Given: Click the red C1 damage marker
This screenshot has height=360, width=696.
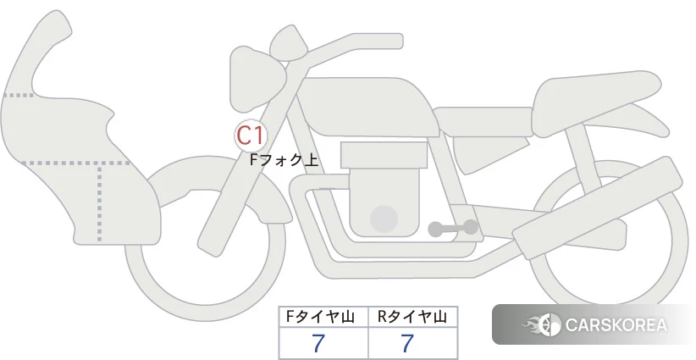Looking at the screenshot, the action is pyautogui.click(x=251, y=136).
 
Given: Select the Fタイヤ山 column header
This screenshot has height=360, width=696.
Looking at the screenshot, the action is pyautogui.click(x=320, y=317).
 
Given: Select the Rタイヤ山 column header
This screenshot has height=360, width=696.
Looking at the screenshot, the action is pyautogui.click(x=412, y=317).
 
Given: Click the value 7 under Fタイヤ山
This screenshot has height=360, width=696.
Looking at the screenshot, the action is pyautogui.click(x=318, y=343).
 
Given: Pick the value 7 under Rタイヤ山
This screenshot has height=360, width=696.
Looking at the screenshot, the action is pyautogui.click(x=407, y=343).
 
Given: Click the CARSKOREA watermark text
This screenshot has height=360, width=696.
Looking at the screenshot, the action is pyautogui.click(x=616, y=325).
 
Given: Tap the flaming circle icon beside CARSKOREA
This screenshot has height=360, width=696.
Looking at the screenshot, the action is pyautogui.click(x=543, y=324).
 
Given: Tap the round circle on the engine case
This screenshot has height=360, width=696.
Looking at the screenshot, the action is pyautogui.click(x=384, y=219).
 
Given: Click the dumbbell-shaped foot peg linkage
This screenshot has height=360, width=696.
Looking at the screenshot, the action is pyautogui.click(x=453, y=228).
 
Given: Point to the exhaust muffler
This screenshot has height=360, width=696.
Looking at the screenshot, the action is pyautogui.click(x=597, y=208).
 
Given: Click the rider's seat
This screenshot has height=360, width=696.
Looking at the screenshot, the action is pyautogui.click(x=483, y=121).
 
